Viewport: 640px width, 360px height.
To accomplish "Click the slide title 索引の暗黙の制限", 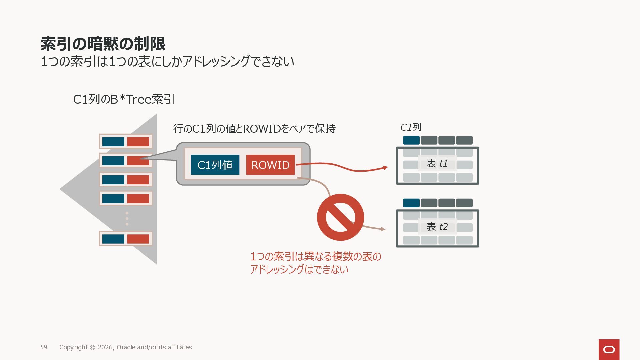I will (103, 44).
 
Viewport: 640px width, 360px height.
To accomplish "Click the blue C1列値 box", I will (215, 165).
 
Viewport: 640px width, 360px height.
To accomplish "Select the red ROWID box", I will (270, 165).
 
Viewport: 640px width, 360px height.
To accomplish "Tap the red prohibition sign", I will (340, 217).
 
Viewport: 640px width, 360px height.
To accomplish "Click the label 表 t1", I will (437, 163).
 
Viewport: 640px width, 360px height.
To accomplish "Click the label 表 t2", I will (437, 227).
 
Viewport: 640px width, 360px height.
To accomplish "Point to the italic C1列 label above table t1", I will (411, 127).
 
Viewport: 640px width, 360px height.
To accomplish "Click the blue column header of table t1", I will (411, 140).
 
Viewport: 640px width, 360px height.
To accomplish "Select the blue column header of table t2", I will (411, 203).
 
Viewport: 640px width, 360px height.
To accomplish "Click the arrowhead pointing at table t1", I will (386, 167).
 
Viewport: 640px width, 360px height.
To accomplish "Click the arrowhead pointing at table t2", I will (383, 229).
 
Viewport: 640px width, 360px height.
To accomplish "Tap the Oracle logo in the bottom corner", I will (609, 349).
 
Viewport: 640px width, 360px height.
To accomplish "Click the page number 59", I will (44, 347).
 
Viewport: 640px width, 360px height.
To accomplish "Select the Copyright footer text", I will (125, 347).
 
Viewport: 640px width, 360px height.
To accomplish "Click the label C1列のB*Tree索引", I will (124, 99).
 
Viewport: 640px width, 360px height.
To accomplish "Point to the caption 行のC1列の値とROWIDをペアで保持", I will (254, 128).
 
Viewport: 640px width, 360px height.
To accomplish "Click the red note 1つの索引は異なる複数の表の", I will (315, 256).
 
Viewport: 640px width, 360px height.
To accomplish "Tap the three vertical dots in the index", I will (127, 218).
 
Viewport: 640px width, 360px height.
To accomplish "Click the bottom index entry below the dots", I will (125, 239).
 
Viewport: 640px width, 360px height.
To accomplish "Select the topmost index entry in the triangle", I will (125, 142).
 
